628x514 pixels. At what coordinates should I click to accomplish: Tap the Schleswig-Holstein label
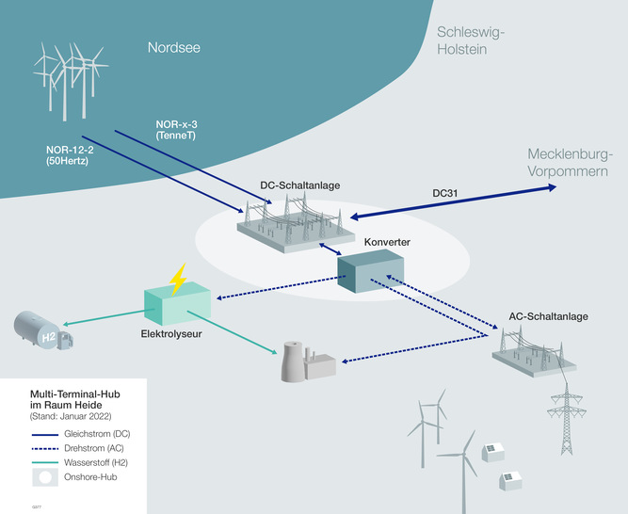coord(472,40)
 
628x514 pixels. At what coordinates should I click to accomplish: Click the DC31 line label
coord(445,192)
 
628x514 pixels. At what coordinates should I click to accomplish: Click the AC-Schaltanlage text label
coord(547,316)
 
